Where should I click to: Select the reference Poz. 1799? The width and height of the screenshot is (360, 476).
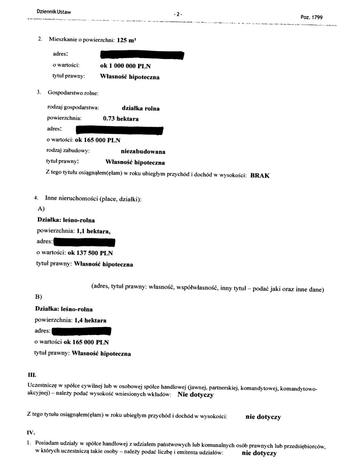[x=311, y=17]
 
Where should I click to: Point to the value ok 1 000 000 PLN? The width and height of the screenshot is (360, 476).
[x=126, y=66]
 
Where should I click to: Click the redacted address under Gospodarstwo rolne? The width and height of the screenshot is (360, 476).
[x=119, y=130]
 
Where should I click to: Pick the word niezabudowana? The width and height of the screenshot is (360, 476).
[x=143, y=151]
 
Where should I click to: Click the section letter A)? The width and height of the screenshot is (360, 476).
[x=41, y=209]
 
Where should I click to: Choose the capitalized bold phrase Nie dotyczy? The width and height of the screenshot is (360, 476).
[x=195, y=395]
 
